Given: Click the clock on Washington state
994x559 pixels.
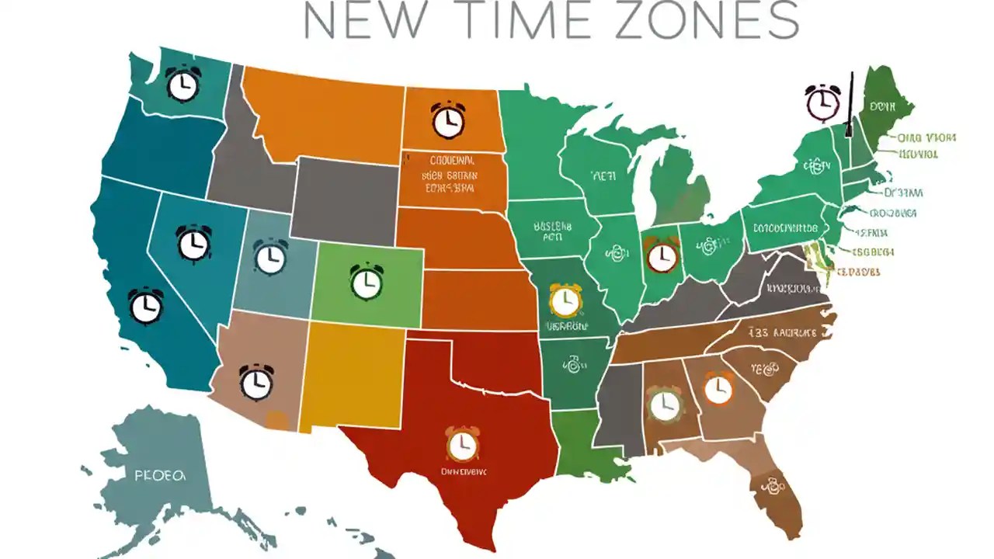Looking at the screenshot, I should click(x=183, y=85).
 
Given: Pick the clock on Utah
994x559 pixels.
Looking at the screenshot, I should click(x=270, y=256).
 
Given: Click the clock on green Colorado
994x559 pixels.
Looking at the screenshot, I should click(x=367, y=281).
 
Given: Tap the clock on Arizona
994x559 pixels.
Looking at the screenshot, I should click(x=256, y=381).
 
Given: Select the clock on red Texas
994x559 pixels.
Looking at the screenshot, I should click(x=462, y=443).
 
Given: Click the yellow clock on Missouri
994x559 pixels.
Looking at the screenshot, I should click(x=565, y=300).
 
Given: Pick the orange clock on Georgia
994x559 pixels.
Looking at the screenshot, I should click(x=718, y=388).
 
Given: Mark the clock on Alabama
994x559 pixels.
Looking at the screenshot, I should click(x=663, y=404).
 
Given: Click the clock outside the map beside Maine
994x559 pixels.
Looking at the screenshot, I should click(x=822, y=102).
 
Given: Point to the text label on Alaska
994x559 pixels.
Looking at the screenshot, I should click(x=160, y=474).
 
